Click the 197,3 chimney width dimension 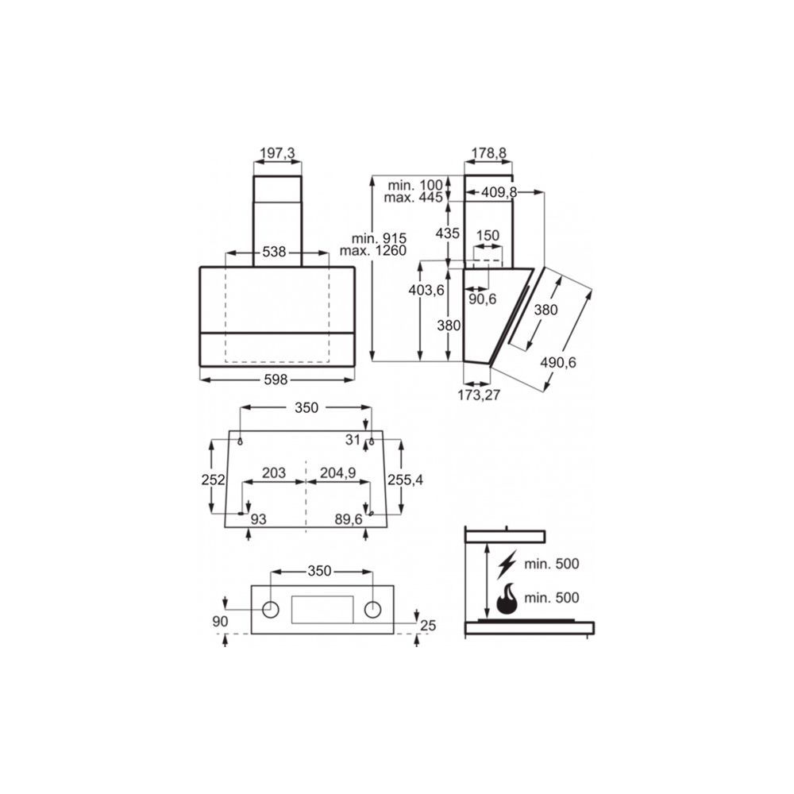[277, 152]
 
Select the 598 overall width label [277, 380]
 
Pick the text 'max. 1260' [372, 251]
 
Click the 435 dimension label [448, 233]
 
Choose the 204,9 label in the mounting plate [337, 473]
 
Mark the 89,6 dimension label [348, 518]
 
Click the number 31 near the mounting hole [353, 439]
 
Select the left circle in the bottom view [270, 609]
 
